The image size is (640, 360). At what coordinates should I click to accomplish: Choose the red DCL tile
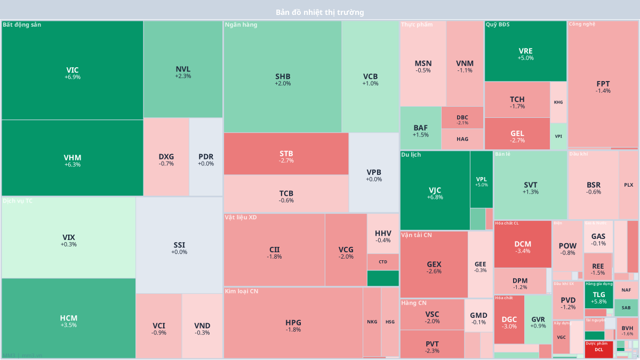(x=599, y=349)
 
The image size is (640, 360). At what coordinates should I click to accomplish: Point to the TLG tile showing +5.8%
(x=599, y=297)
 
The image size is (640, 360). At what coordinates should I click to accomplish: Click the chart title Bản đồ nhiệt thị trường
(x=320, y=12)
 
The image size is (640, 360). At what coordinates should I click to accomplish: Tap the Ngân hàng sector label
(x=241, y=25)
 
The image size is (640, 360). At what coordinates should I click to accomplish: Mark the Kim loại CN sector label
(x=241, y=291)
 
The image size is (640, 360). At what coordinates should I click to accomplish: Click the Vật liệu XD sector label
(x=241, y=217)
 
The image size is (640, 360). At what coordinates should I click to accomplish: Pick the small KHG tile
(x=558, y=102)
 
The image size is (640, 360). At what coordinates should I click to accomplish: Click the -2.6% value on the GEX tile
(x=434, y=271)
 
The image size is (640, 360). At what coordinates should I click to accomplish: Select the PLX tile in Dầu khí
(x=628, y=185)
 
